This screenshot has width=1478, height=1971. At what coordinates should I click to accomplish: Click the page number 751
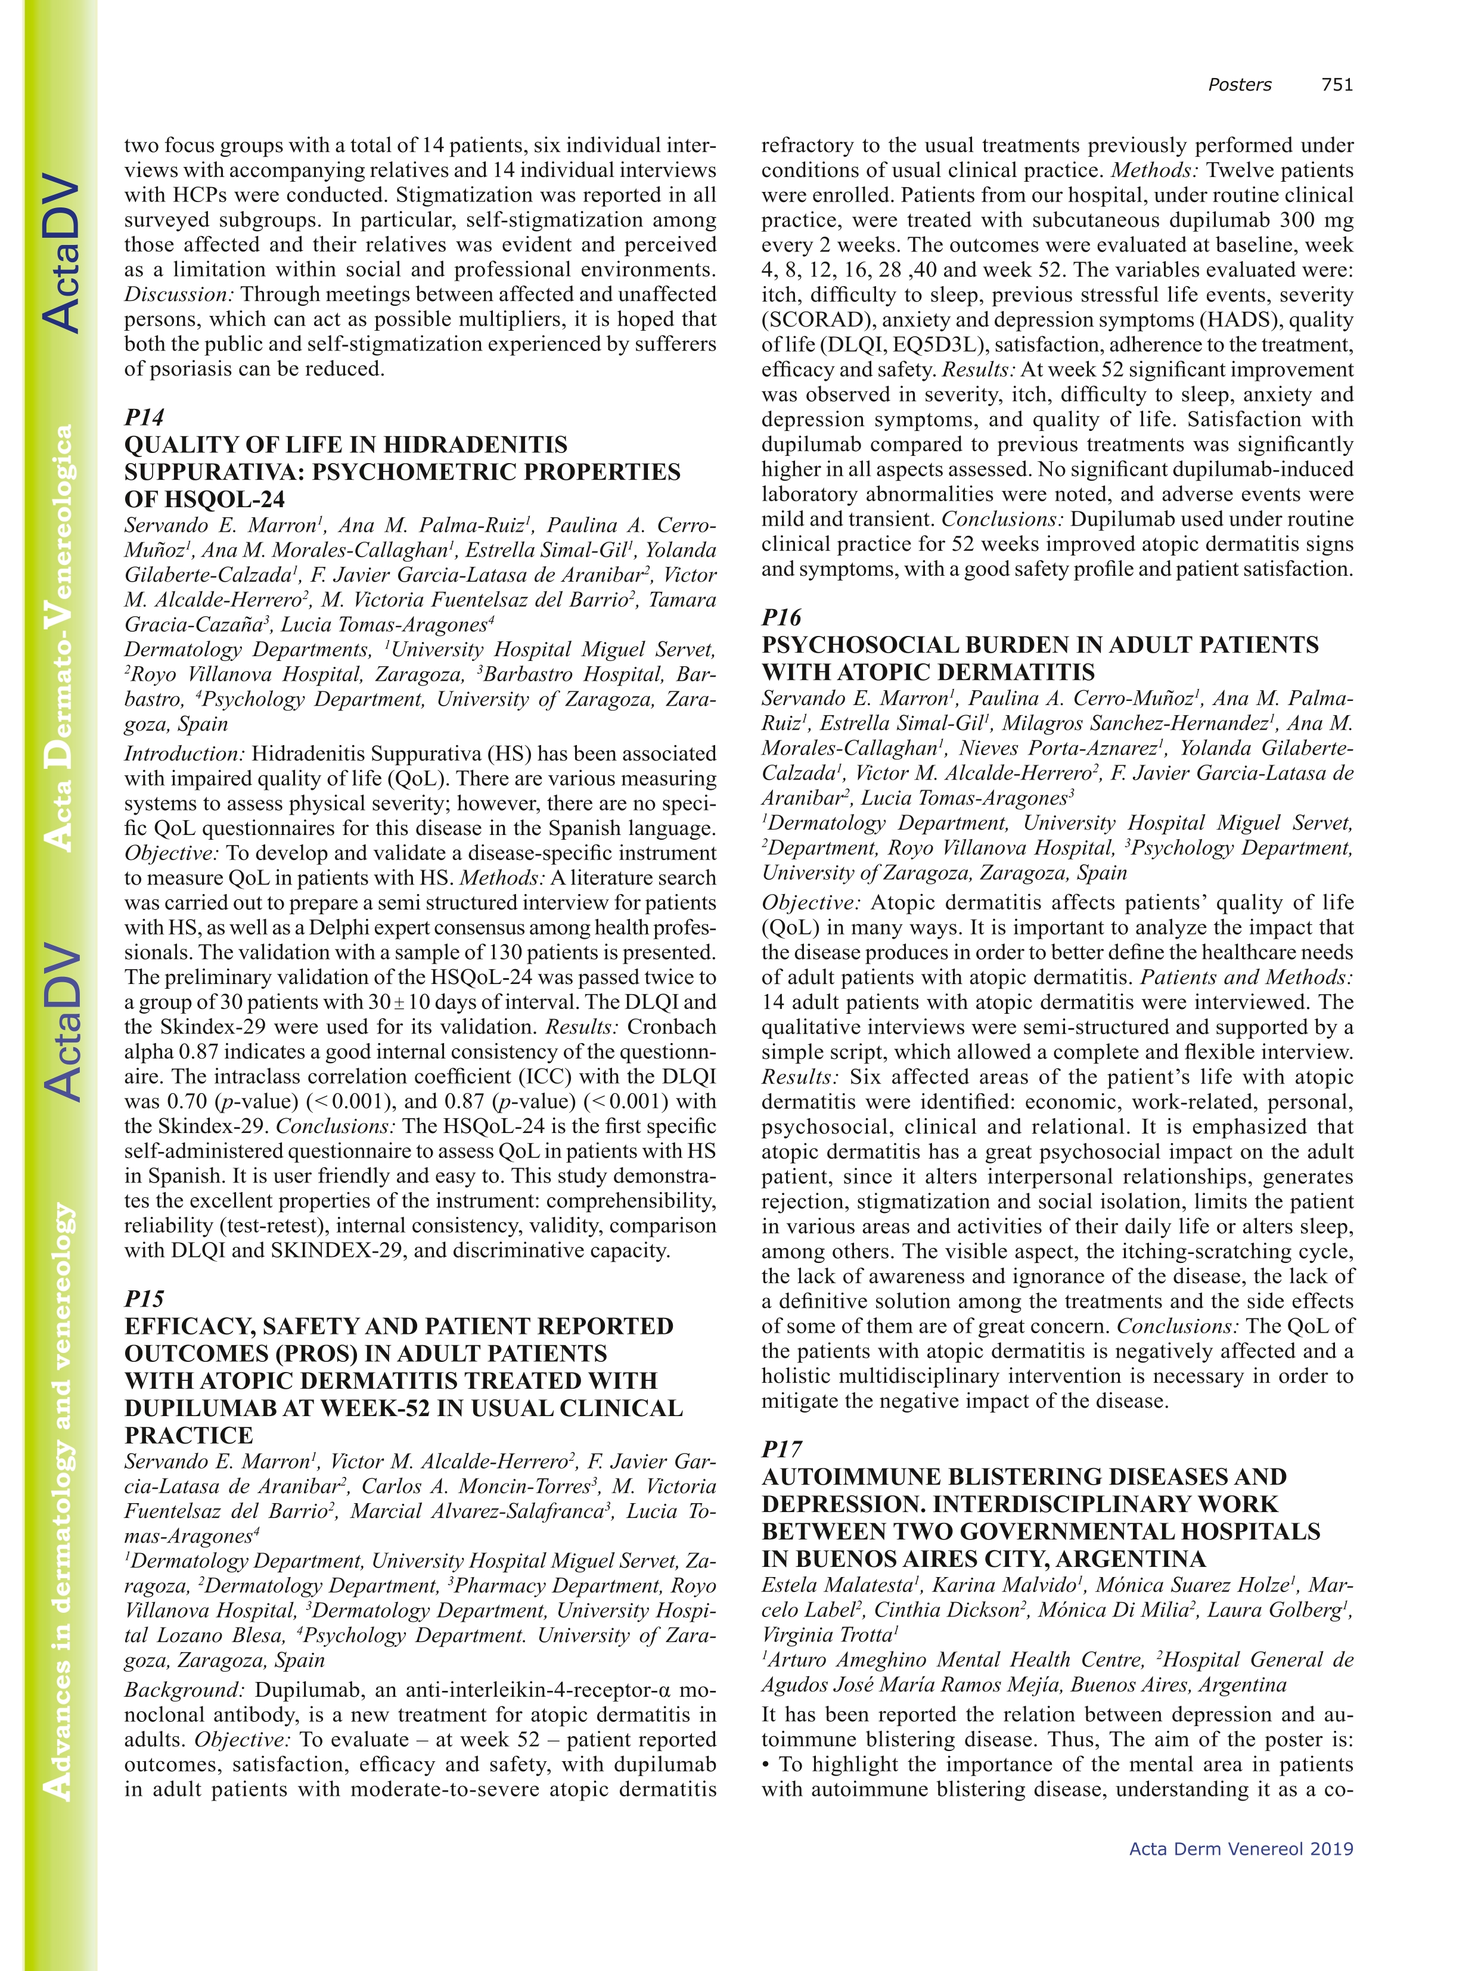tap(1336, 85)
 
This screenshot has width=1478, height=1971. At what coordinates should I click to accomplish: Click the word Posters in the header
tap(1239, 85)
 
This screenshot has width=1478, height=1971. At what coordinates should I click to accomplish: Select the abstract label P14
tap(144, 417)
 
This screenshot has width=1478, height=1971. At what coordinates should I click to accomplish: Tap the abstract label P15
tap(144, 1298)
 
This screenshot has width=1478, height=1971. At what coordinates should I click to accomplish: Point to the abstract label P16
tap(781, 617)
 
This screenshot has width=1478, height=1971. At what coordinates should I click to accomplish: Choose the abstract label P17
tap(781, 1449)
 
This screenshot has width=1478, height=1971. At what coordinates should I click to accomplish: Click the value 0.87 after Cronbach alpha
tap(192, 1051)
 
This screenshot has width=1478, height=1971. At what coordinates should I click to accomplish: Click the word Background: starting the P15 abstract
tap(184, 1690)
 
